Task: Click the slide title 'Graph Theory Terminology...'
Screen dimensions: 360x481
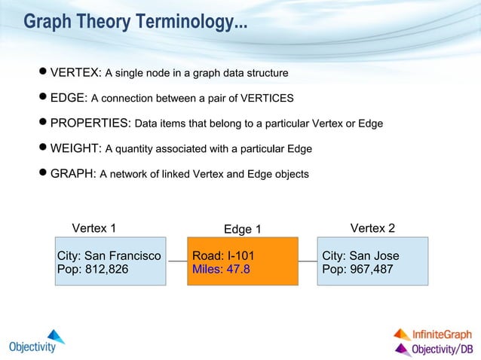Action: click(135, 23)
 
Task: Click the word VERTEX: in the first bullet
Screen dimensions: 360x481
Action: click(75, 73)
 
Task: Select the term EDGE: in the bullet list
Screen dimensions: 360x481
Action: click(69, 98)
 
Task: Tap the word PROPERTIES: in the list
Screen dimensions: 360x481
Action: click(90, 123)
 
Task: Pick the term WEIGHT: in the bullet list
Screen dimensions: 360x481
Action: click(75, 148)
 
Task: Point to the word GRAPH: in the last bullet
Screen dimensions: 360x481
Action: click(72, 174)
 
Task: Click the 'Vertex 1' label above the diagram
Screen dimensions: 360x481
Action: click(94, 228)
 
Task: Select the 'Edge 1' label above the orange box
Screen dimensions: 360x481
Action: click(243, 229)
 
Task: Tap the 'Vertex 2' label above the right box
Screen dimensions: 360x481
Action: click(373, 228)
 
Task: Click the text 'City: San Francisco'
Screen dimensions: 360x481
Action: click(109, 256)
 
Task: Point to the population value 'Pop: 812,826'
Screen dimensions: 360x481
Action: click(93, 269)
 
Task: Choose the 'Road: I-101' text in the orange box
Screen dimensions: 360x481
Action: click(219, 256)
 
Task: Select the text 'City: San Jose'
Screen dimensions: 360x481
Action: click(360, 256)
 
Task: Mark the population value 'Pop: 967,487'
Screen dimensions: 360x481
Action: click(357, 269)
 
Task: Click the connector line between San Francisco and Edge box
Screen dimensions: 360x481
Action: click(176, 261)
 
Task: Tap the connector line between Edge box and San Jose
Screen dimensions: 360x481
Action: click(308, 261)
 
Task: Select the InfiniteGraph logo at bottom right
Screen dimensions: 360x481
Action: click(434, 334)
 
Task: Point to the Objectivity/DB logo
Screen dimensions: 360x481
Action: click(434, 349)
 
